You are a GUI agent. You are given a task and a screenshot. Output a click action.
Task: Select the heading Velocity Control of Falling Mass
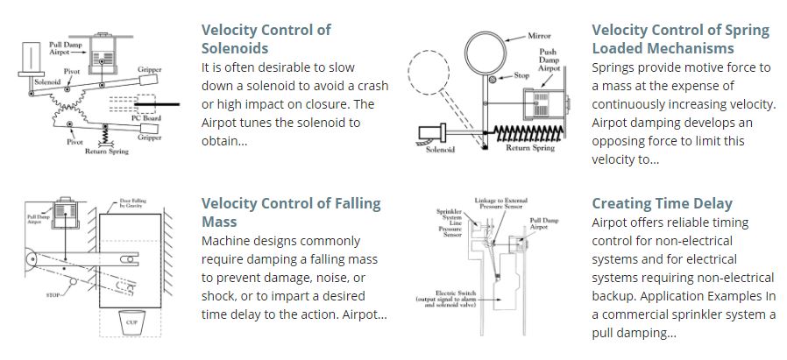291,213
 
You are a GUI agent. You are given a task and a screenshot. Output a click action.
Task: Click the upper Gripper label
149,68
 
